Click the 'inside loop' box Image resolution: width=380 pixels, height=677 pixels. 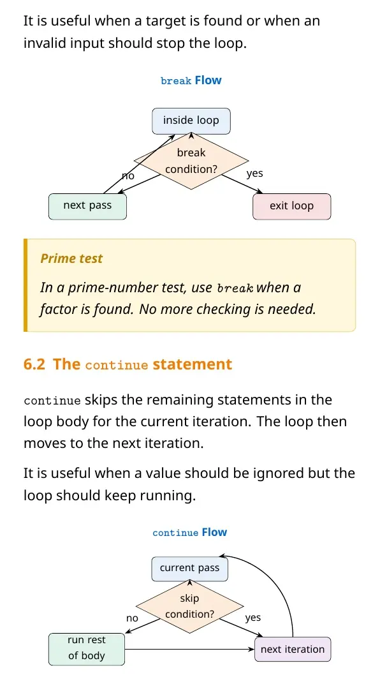[191, 121]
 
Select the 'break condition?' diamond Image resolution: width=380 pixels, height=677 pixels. [191, 161]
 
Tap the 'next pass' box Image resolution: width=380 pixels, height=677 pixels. [87, 206]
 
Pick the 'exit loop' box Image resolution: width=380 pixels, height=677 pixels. [291, 206]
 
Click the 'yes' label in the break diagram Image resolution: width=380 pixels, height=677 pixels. [254, 174]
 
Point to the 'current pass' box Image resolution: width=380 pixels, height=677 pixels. [190, 568]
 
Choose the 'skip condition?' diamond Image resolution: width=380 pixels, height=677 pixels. [190, 606]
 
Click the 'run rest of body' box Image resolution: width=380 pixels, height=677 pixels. [87, 649]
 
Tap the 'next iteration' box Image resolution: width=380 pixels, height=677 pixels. [293, 650]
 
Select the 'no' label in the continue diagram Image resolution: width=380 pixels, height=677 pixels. [132, 618]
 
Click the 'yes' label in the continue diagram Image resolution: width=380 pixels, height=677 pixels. [252, 618]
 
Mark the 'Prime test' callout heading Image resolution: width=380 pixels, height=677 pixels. [71, 258]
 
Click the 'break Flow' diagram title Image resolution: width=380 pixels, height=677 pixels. [191, 80]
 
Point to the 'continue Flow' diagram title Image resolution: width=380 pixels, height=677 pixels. [190, 532]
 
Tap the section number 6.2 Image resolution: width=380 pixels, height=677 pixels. [34, 364]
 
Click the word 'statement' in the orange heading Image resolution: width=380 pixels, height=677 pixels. [193, 364]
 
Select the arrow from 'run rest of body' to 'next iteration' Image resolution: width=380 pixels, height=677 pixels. [189, 649]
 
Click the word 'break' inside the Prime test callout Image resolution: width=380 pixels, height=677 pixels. [235, 288]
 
